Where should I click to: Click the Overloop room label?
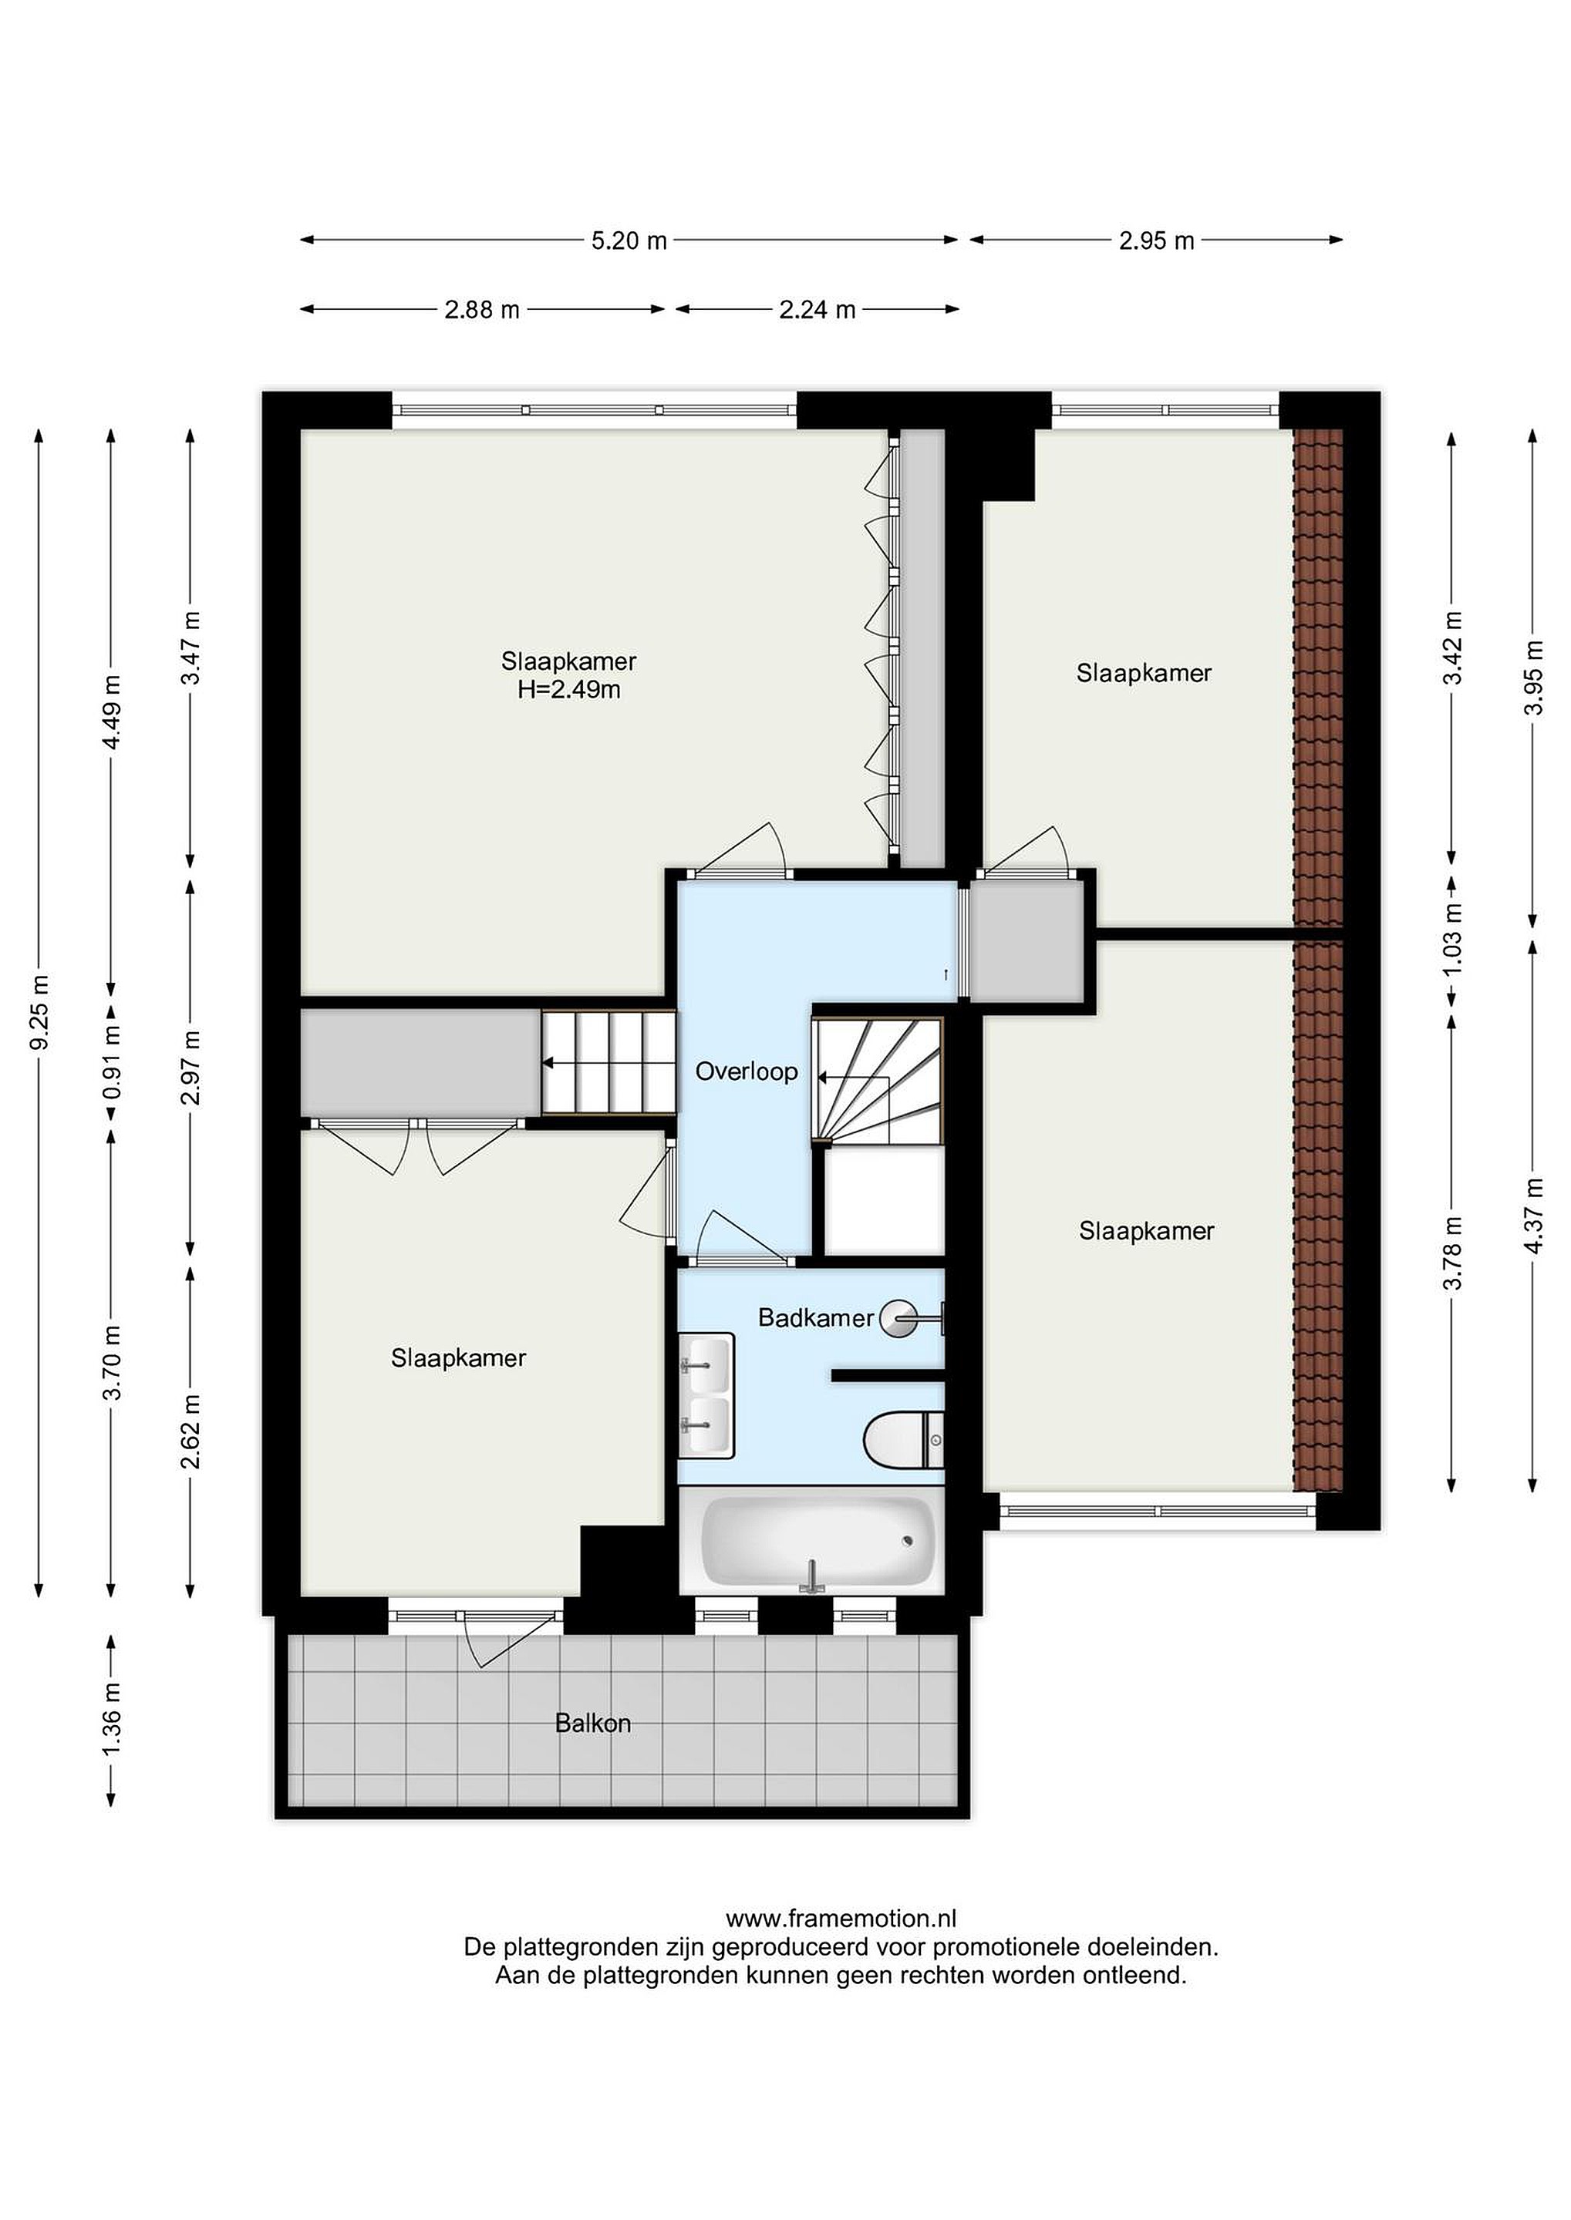(x=746, y=1071)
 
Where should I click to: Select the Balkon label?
(x=593, y=1723)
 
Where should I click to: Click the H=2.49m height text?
(x=569, y=689)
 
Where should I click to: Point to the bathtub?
(x=817, y=1543)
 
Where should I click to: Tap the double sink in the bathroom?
(x=706, y=1396)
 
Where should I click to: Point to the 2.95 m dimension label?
(x=1156, y=240)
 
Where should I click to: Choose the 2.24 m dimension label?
(x=818, y=309)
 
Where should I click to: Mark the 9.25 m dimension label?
(x=39, y=1011)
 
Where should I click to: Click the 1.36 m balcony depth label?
(x=113, y=1721)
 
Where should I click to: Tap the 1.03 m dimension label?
(x=1452, y=939)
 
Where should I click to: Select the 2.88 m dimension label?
(x=482, y=309)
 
